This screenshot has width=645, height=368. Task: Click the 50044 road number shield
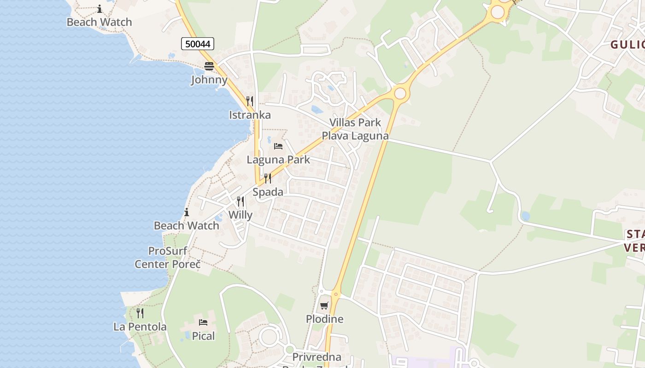pyautogui.click(x=198, y=44)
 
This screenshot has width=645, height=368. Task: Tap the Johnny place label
pyautogui.click(x=209, y=80)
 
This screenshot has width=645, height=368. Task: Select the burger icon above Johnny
pyautogui.click(x=209, y=66)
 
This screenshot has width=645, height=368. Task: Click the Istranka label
pyautogui.click(x=250, y=115)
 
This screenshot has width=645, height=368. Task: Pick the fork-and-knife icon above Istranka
pyautogui.click(x=250, y=101)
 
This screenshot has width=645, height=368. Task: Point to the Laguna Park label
pyautogui.click(x=278, y=160)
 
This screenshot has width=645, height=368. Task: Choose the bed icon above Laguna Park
pyautogui.click(x=278, y=146)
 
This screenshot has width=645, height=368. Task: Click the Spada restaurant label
pyautogui.click(x=268, y=192)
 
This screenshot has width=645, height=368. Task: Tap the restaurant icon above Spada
pyautogui.click(x=268, y=178)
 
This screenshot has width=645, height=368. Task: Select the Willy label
pyautogui.click(x=240, y=215)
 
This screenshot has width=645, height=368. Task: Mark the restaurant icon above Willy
pyautogui.click(x=240, y=201)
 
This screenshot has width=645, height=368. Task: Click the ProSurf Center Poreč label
pyautogui.click(x=168, y=258)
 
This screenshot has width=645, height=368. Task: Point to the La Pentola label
pyautogui.click(x=140, y=327)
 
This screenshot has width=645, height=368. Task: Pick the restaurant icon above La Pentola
pyautogui.click(x=140, y=313)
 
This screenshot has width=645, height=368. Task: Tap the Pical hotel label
pyautogui.click(x=203, y=336)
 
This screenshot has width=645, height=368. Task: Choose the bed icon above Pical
pyautogui.click(x=203, y=322)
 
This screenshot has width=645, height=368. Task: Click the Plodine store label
pyautogui.click(x=325, y=319)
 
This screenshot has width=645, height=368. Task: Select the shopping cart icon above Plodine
pyautogui.click(x=325, y=305)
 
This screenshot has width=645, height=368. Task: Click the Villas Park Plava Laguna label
pyautogui.click(x=355, y=129)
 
